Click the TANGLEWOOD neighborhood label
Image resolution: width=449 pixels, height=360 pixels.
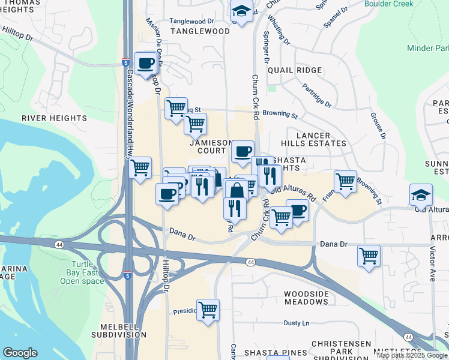coord(200,31)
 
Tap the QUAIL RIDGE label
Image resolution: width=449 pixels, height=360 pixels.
coord(295,70)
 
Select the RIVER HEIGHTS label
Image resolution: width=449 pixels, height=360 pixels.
coord(50,118)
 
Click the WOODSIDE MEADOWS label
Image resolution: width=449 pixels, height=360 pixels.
coord(306,298)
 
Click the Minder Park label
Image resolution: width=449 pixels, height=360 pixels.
coord(427,48)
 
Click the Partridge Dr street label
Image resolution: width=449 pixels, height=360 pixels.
coord(317,96)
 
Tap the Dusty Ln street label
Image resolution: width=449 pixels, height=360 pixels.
coord(296,323)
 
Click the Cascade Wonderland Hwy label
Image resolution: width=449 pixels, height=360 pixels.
coord(130,108)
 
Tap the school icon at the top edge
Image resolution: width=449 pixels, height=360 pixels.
coord(241,11)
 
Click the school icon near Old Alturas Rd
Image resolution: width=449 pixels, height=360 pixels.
coord(421,194)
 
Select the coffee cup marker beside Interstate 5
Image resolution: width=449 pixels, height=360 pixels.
coord(146,62)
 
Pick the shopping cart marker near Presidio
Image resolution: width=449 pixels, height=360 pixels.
coord(208,310)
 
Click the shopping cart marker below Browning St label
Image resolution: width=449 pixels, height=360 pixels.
coord(195,124)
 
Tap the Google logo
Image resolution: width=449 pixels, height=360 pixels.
coord(20,353)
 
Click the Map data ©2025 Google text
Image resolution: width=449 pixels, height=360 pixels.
coord(412,355)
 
